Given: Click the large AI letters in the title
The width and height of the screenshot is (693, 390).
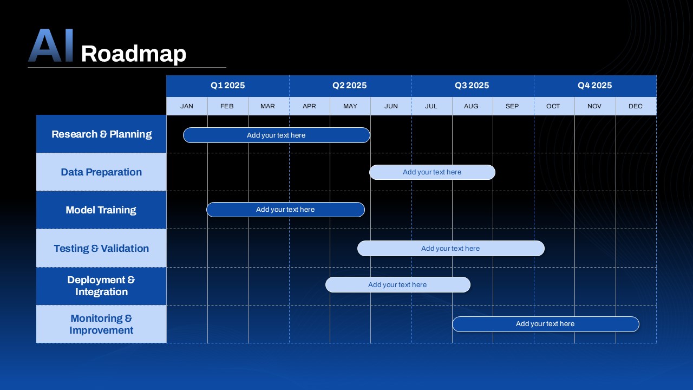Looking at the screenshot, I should [50, 46].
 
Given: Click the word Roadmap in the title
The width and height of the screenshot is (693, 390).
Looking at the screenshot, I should [133, 54].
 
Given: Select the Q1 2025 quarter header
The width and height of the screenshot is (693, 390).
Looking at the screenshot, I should [227, 86].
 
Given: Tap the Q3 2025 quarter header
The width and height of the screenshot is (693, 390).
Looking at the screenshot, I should [472, 86].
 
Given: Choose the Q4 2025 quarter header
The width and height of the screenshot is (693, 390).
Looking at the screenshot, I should [594, 86].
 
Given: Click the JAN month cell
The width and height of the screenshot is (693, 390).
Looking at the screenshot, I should [187, 106].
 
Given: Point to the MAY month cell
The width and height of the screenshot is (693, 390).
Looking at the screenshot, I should [350, 106].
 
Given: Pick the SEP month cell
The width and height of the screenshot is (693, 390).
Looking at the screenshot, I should [512, 106].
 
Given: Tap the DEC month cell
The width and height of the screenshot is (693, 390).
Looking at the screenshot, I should [636, 106].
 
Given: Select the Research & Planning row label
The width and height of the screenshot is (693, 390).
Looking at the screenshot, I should [101, 134].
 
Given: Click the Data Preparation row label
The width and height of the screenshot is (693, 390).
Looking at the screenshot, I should [101, 172].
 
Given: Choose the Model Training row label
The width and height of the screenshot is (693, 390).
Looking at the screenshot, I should [101, 210].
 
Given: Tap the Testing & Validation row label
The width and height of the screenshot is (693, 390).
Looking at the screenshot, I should [101, 248].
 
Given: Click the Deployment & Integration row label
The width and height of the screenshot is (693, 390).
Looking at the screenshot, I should [101, 286].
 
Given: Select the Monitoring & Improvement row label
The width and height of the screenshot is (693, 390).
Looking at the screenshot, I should [101, 324].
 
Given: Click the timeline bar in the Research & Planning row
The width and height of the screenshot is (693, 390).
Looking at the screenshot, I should [276, 135].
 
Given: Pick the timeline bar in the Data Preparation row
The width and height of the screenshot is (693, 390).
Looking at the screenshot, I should [432, 172].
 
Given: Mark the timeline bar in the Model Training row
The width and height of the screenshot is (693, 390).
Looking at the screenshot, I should [285, 210].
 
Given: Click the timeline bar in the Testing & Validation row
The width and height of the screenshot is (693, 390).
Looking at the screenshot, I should [450, 249].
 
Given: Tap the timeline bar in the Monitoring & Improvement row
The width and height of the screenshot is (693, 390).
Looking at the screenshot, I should [545, 324].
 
